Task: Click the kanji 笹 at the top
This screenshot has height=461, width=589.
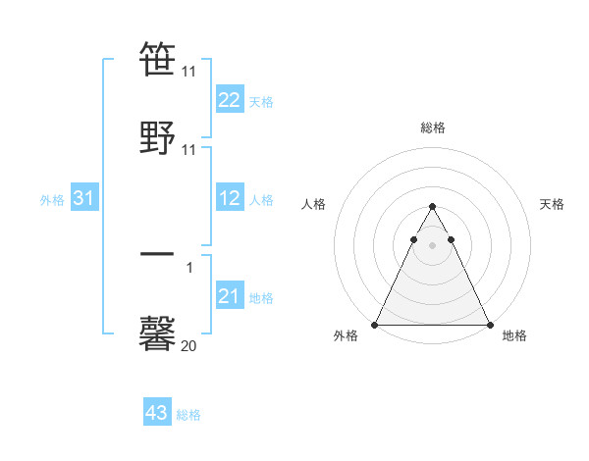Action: (158, 58)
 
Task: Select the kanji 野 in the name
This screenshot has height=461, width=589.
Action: (158, 136)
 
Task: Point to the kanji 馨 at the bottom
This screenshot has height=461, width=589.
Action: (158, 333)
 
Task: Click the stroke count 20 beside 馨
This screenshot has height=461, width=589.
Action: (188, 345)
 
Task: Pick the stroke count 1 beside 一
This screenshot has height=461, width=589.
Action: (189, 267)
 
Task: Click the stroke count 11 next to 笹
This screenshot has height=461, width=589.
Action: (188, 72)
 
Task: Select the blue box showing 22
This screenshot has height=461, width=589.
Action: (230, 100)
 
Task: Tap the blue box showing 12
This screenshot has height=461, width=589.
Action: (230, 198)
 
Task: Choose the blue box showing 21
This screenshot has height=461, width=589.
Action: (230, 296)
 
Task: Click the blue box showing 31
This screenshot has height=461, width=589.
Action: (84, 198)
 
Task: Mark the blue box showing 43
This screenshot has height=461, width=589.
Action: (157, 413)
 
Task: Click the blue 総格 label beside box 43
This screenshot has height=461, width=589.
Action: (188, 415)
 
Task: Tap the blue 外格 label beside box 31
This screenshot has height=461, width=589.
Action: (52, 200)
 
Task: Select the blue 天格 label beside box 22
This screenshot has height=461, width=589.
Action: (261, 102)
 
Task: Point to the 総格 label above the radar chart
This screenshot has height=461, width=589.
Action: (432, 128)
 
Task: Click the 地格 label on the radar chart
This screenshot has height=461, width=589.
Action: (514, 335)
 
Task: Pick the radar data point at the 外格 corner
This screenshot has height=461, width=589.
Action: (375, 324)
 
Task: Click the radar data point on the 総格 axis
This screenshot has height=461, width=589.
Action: (432, 206)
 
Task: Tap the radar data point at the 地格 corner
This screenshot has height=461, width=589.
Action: (489, 324)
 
